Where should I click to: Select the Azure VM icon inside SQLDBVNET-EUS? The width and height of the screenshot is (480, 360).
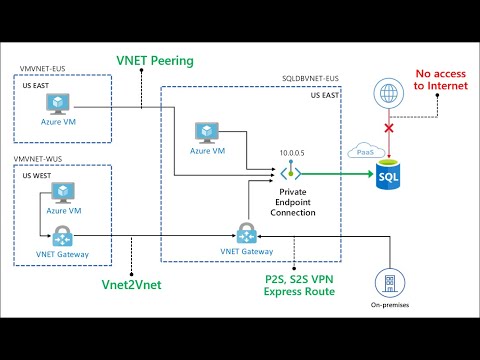click(207, 133)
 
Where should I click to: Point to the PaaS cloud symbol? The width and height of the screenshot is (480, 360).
click(361, 151)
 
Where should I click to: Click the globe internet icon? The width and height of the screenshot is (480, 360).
click(388, 93)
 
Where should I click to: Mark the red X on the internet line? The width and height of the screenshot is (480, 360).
click(388, 128)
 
